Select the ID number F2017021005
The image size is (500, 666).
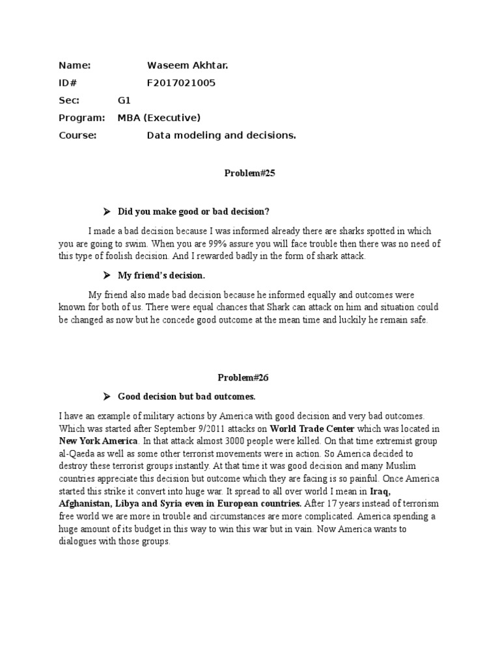181,83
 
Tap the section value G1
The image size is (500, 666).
124,101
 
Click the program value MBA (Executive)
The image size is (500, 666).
159,118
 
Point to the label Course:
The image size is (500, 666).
77,135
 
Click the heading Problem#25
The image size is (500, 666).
245,173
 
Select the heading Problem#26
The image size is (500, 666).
246,377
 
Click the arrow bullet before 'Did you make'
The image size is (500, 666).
107,211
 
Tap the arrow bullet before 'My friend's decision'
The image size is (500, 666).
107,275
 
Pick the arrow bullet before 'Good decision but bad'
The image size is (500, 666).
107,396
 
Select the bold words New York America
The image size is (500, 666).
100,440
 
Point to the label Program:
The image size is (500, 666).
81,118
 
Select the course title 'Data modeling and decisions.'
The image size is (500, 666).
221,135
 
